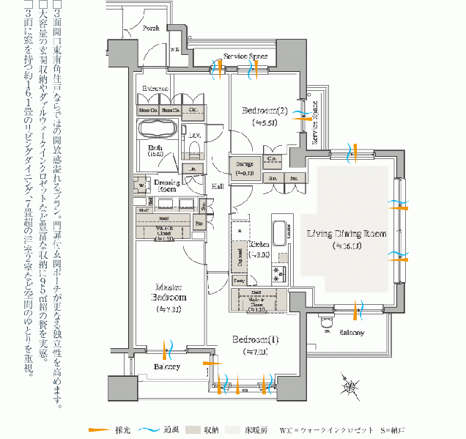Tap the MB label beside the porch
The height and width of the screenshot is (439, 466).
[175, 50]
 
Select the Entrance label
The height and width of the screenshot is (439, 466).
[155, 89]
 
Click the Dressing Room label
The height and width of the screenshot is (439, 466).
[168, 185]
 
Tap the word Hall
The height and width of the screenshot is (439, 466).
[218, 187]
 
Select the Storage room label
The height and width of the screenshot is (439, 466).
[244, 163]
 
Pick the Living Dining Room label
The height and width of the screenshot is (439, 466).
[346, 234]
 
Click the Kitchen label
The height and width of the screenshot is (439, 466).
[259, 243]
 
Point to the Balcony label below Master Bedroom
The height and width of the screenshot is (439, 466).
[167, 366]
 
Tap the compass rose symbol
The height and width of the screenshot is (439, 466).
[350, 386]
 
